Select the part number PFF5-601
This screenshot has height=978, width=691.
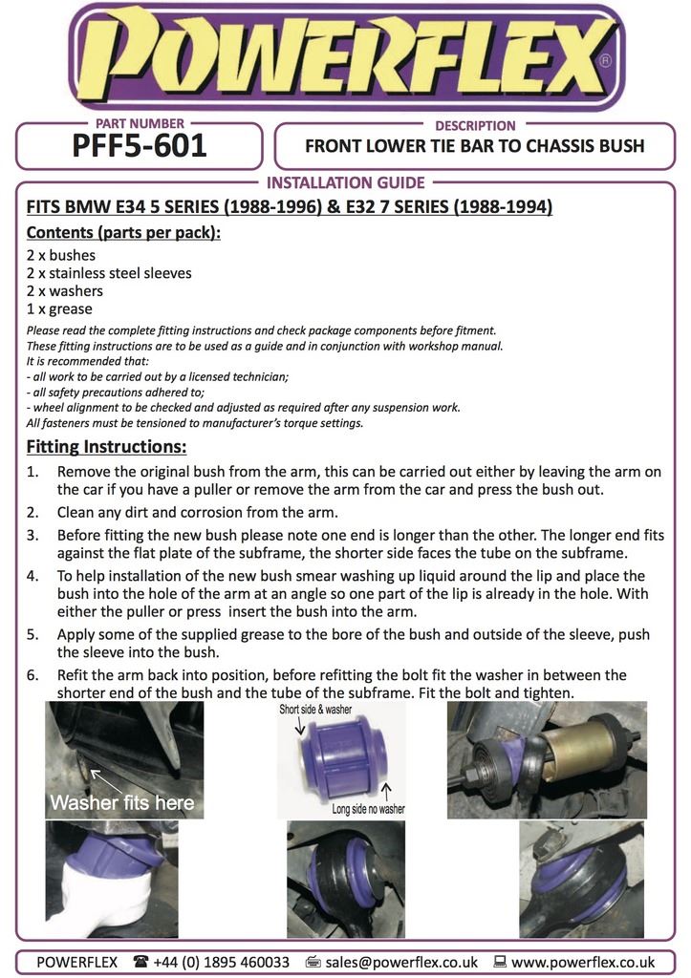(x=140, y=148)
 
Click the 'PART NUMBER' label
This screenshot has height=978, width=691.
(x=140, y=124)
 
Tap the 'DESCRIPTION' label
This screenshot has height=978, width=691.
(x=475, y=125)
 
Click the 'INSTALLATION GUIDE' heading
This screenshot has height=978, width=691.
(x=345, y=182)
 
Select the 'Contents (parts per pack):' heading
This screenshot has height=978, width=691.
(x=123, y=232)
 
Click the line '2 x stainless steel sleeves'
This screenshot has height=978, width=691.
(x=109, y=273)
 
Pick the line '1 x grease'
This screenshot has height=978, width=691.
(x=59, y=309)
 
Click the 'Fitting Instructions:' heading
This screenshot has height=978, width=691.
(x=106, y=447)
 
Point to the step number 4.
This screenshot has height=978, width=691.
(x=32, y=577)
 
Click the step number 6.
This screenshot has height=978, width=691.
(x=32, y=675)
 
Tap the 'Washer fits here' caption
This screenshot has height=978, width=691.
(x=121, y=802)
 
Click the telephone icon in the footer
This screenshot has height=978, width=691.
(x=141, y=962)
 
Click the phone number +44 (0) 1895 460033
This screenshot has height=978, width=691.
(x=222, y=962)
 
